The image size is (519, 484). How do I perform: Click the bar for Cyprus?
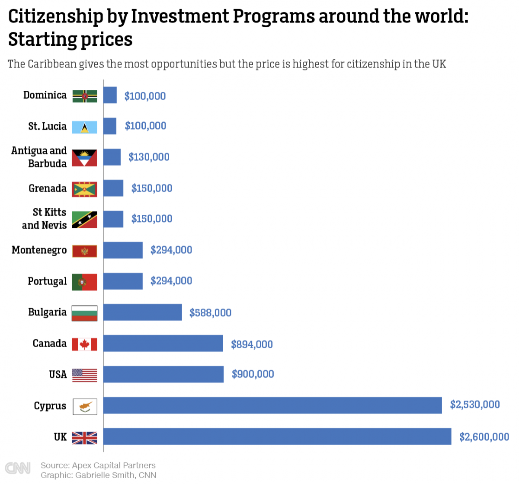[272, 405]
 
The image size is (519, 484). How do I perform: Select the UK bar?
[277, 436]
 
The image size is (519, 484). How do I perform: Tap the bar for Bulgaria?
[142, 312]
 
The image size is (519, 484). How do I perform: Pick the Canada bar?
[163, 344]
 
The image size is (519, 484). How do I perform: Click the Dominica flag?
[84, 96]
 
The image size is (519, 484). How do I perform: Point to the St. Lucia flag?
[84, 127]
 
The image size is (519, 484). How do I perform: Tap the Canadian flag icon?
[84, 344]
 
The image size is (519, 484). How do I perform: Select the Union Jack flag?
[84, 438]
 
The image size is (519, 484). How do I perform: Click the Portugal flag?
[84, 282]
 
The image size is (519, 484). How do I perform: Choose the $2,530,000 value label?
[474, 404]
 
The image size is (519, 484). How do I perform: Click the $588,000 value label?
[210, 312]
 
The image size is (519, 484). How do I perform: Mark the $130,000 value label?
[149, 157]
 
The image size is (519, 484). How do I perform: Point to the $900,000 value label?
[253, 374]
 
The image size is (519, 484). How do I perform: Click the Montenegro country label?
[39, 250]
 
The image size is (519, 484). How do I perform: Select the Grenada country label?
[48, 188]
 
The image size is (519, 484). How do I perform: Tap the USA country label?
[58, 374]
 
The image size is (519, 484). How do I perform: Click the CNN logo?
[18, 468]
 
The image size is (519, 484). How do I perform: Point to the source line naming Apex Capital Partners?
[98, 465]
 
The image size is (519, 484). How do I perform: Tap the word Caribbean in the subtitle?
[52, 64]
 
